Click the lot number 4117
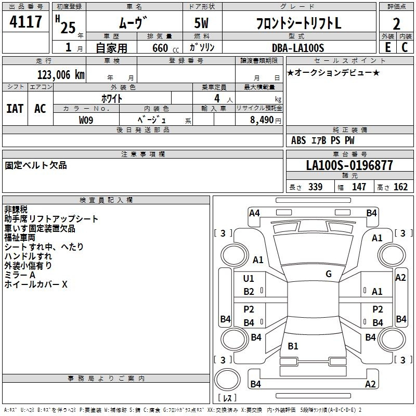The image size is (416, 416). click(x=25, y=21)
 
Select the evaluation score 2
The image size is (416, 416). click(x=396, y=24)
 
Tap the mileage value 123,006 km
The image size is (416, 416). click(x=61, y=75)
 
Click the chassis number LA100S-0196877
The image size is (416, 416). click(x=349, y=165)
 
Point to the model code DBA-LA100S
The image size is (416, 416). click(x=298, y=48)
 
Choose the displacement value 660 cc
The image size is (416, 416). click(x=165, y=48)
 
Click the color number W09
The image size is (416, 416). click(x=86, y=120)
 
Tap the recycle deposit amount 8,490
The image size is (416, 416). click(x=262, y=120)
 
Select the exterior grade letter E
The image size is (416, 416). click(x=388, y=47)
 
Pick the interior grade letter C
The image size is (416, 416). click(x=405, y=47)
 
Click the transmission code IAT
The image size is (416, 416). click(x=15, y=109)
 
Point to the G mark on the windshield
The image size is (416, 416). click(x=329, y=274)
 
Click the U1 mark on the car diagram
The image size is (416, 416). click(x=249, y=278)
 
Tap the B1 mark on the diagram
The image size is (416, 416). click(x=293, y=346)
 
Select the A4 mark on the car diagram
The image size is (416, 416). click(x=254, y=213)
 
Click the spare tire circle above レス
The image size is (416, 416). click(x=227, y=380)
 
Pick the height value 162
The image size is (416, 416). click(x=400, y=187)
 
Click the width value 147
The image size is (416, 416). click(x=359, y=187)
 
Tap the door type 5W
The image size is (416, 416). click(x=201, y=23)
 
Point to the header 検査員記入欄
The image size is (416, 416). click(x=106, y=200)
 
